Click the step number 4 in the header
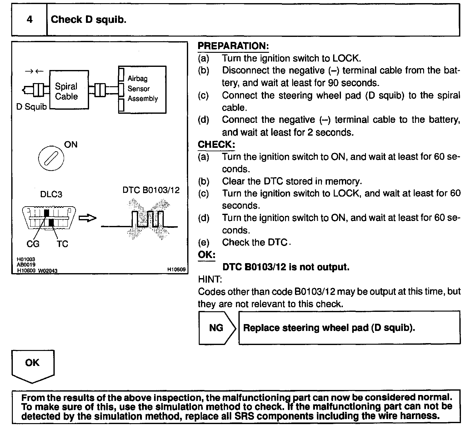[x=29, y=20]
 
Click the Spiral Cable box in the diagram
[x=69, y=90]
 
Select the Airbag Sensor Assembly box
[x=142, y=89]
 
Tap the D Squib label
[x=31, y=107]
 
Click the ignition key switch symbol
[x=51, y=158]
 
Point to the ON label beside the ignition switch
[x=71, y=144]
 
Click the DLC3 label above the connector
[x=51, y=194]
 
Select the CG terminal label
[x=33, y=244]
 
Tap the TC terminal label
[x=62, y=244]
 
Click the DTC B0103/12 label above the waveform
[x=151, y=190]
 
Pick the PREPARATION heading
[x=233, y=46]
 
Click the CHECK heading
[x=216, y=144]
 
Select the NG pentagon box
[x=217, y=327]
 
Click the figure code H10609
[x=176, y=269]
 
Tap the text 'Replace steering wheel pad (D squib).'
[x=329, y=327]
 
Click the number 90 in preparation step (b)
[x=334, y=83]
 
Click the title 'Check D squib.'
[x=88, y=20]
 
